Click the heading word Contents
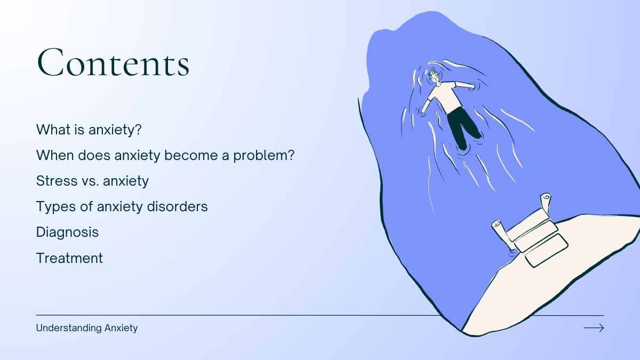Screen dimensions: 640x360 [x=113, y=62]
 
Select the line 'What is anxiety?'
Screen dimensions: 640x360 [x=89, y=130]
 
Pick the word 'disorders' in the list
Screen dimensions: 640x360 [x=177, y=206]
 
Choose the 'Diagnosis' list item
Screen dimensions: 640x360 [x=67, y=232]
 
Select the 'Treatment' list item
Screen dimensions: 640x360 [x=69, y=258]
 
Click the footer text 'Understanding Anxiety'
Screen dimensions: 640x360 [x=87, y=328]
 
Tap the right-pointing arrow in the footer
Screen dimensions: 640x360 [x=594, y=327]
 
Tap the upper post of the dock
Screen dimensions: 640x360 [x=546, y=203]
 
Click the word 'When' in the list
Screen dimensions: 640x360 [x=54, y=155]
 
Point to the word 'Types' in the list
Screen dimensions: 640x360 [x=56, y=206]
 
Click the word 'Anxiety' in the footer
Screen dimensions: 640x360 [x=121, y=328]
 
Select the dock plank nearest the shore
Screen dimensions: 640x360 [x=546, y=251]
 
